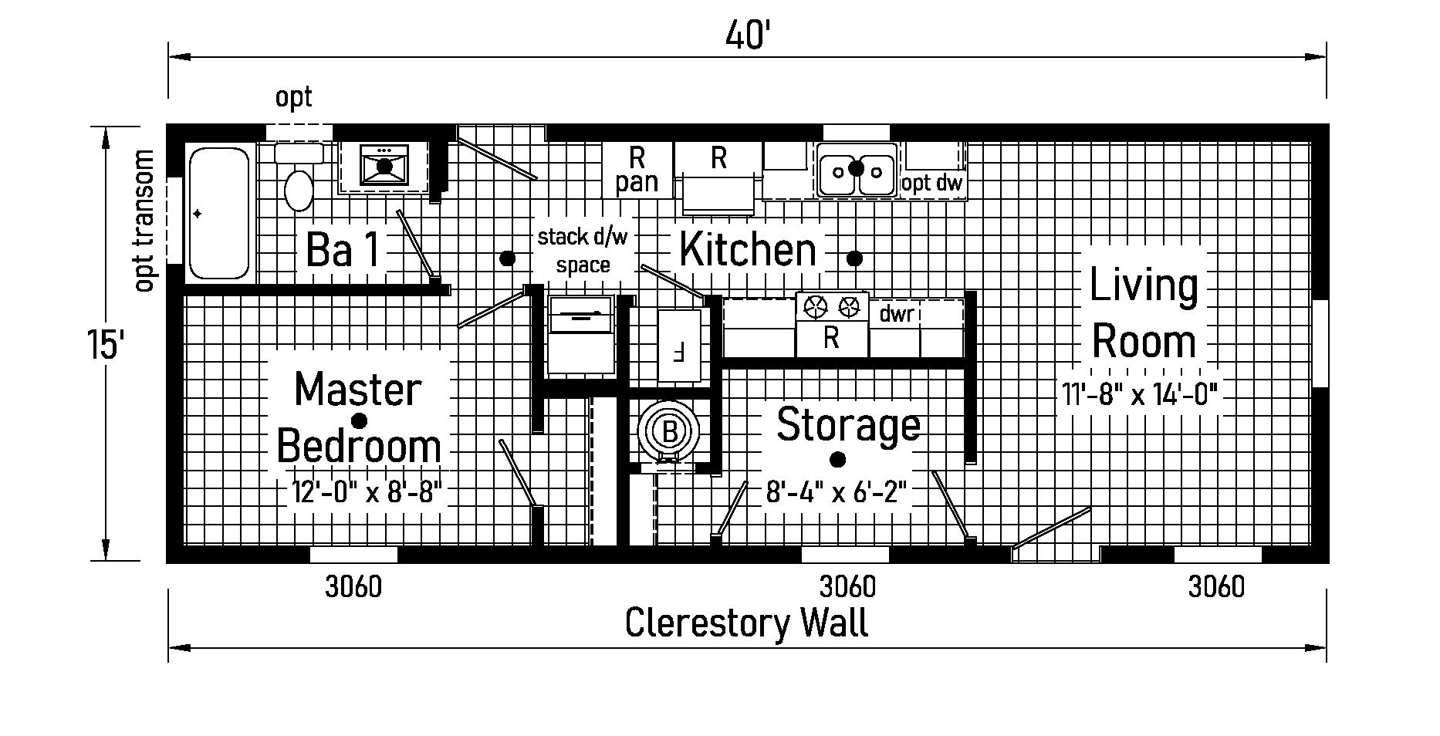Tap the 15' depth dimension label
point(106,343)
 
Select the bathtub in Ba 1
point(219,212)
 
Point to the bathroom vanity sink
point(384,166)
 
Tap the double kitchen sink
point(856,169)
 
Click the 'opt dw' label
point(932,184)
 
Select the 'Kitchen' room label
point(747,251)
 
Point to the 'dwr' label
point(897,314)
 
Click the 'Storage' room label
point(848,425)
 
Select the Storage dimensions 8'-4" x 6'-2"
point(835,491)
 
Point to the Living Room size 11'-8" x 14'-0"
point(1140,395)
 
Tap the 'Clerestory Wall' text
point(746,623)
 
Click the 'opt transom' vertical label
point(144,221)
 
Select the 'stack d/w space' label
point(583,251)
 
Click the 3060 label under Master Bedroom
point(353,588)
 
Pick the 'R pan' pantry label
point(637,170)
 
